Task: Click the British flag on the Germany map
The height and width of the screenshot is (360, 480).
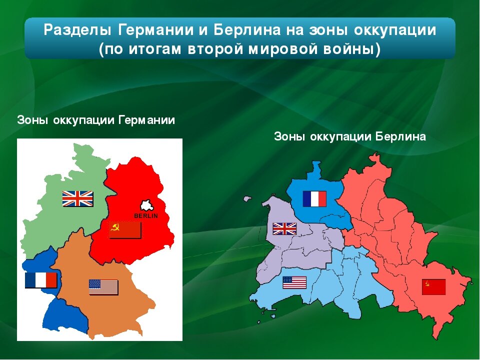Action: pos(77,198)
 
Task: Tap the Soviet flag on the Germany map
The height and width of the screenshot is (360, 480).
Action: pos(125,230)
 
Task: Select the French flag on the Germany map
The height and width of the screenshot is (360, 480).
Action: pos(41,280)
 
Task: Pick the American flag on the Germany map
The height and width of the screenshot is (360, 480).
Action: pos(103,287)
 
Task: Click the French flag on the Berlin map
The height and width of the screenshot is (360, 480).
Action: pos(314,198)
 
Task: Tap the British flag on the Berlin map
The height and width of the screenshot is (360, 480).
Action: pos(284,228)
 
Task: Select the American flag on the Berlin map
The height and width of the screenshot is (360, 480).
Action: pos(294,282)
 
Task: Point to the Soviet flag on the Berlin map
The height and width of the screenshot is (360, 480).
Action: pos(433,287)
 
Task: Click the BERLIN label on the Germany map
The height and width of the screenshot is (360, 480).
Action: pos(146,215)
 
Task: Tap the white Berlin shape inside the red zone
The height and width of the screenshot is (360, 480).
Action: pos(146,205)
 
